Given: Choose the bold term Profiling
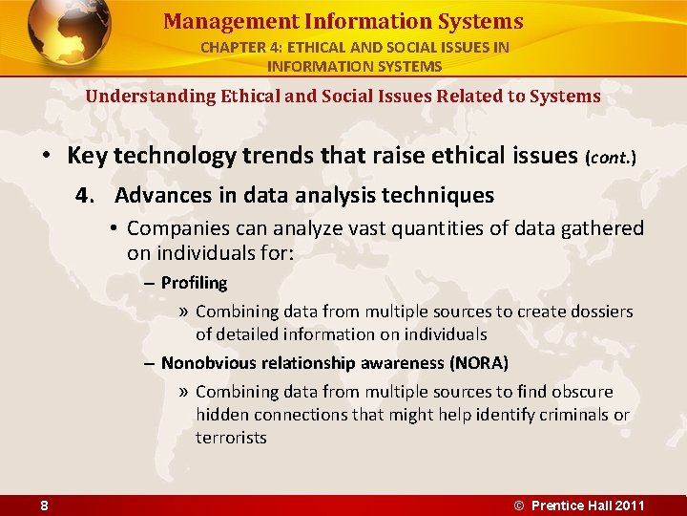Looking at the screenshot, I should [x=194, y=283].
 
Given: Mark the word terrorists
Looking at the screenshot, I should [x=231, y=438].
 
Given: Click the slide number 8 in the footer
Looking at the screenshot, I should [x=45, y=505].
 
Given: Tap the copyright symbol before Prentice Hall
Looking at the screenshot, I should [x=519, y=505].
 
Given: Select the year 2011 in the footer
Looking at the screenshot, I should [x=629, y=505].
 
